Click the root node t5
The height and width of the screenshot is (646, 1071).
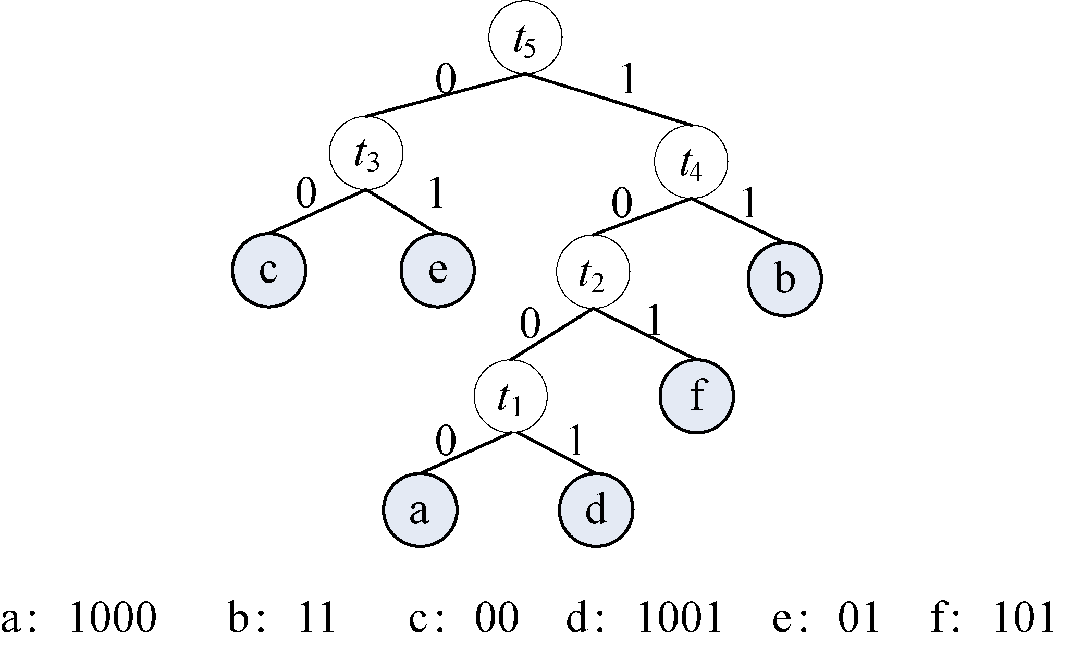[525, 38]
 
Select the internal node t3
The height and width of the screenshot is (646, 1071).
[366, 153]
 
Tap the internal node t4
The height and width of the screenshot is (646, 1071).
[691, 162]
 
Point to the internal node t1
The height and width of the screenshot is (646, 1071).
[511, 396]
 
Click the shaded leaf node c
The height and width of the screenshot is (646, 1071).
[269, 271]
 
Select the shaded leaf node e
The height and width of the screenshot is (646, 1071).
[437, 271]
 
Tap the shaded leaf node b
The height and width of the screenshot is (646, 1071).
[784, 279]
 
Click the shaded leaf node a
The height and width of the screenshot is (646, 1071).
[420, 509]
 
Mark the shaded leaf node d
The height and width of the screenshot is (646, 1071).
[596, 509]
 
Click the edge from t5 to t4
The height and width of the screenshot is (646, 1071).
[609, 100]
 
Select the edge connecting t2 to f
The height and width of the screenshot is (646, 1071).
[644, 334]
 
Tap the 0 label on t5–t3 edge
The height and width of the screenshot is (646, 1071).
[446, 79]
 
